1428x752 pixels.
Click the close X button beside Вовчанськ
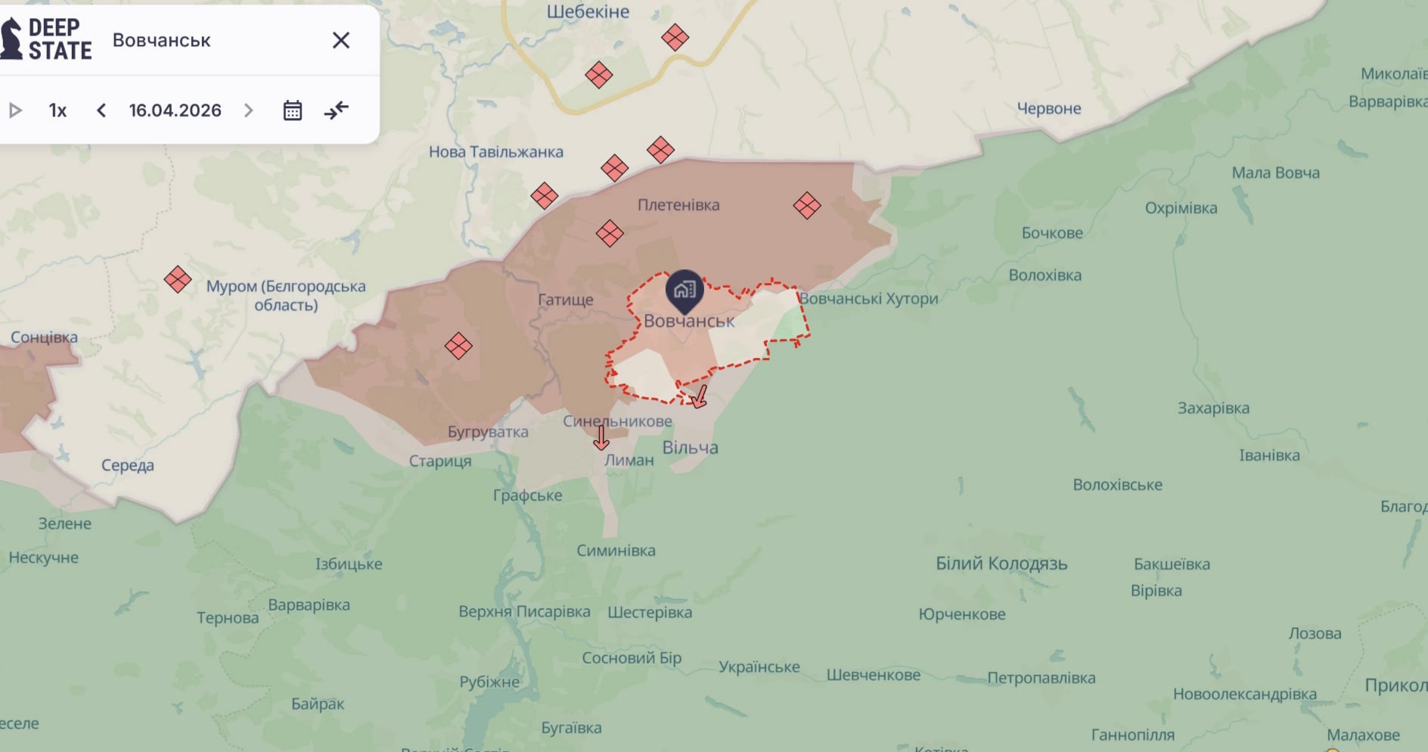pos(341,40)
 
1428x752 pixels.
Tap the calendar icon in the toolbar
pos(293,110)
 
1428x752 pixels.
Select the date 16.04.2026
pos(175,110)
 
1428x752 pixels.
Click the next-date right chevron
pos(248,110)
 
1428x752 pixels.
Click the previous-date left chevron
pos(101,110)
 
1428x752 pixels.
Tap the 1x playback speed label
pos(57,110)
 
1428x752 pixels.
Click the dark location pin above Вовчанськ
pos(685,290)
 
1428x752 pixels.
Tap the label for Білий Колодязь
pos(1001,564)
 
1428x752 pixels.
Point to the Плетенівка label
pos(678,205)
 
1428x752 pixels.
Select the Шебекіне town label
pos(588,11)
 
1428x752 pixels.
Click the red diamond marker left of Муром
pos(178,279)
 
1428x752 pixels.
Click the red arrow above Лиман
pos(601,437)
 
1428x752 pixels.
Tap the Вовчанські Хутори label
pos(868,299)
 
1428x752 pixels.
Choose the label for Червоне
pos(1048,108)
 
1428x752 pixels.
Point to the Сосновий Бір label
pos(632,658)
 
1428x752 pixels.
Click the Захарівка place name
pos(1213,409)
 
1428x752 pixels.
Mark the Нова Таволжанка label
pos(496,152)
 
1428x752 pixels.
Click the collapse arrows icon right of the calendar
pos(337,110)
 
